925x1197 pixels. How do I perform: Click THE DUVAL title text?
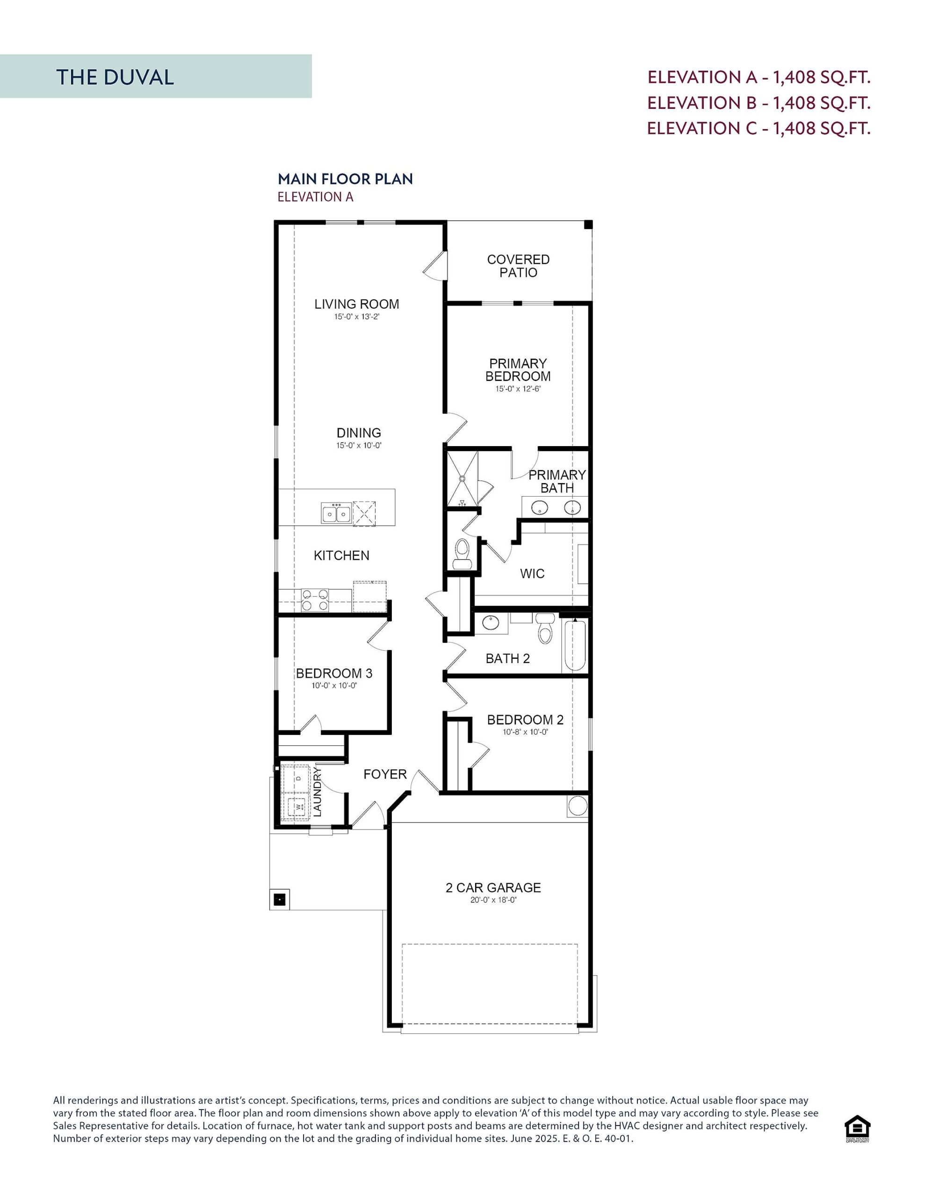115,77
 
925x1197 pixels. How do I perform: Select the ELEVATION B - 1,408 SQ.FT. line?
759,102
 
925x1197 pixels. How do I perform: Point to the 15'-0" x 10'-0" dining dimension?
359,446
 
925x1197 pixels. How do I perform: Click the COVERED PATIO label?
518,266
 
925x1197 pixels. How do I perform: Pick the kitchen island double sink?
336,513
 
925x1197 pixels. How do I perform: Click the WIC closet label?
532,573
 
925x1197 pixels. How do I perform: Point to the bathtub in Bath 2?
575,645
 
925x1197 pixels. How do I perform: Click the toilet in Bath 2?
544,629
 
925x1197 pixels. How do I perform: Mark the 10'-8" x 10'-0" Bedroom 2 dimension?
525,732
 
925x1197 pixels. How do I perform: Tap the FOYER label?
385,774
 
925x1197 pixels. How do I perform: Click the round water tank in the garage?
578,806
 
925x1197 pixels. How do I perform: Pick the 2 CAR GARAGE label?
493,887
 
